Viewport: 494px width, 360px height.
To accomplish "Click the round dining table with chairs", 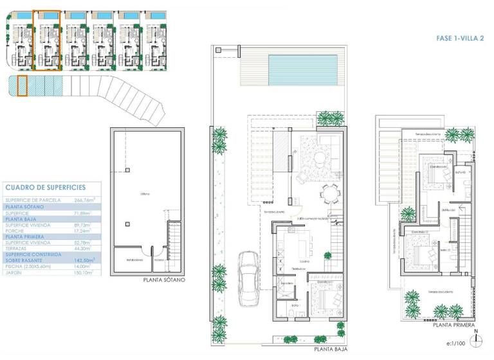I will (x=329, y=193).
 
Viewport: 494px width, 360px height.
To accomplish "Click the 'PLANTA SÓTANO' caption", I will (x=165, y=280).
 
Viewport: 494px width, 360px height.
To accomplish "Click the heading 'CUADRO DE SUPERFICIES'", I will (x=45, y=188).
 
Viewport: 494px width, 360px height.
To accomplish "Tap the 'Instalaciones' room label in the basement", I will (x=134, y=259).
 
